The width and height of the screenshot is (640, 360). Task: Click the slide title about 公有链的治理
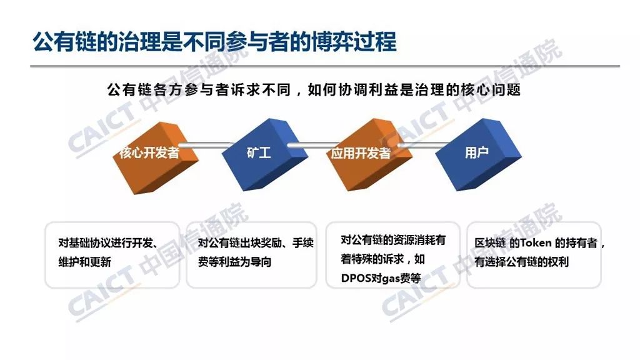tap(215, 42)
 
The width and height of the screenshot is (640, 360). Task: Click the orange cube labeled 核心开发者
tap(156, 157)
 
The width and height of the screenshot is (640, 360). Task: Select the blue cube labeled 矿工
tap(264, 154)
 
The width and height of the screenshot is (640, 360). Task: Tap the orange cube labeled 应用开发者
tap(369, 154)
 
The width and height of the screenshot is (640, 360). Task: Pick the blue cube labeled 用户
tap(478, 154)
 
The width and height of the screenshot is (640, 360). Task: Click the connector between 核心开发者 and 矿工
tap(205, 145)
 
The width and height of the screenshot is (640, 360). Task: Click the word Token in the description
tap(536, 243)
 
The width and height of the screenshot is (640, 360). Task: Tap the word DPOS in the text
tap(356, 278)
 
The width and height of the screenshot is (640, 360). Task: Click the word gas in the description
tap(391, 279)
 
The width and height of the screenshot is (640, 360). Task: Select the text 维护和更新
tap(84, 262)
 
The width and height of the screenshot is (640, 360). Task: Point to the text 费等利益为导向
tap(235, 262)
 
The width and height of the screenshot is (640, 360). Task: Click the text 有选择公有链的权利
tap(522, 262)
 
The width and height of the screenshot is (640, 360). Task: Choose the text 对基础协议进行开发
tap(105, 243)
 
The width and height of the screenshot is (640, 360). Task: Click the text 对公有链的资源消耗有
tap(393, 240)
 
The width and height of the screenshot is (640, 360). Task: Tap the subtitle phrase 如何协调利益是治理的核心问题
tap(414, 90)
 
